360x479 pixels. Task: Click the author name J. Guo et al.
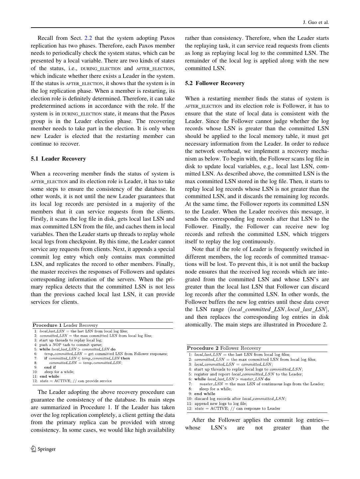315,22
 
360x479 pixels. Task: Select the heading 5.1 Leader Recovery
58,159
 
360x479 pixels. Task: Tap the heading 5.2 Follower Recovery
215,83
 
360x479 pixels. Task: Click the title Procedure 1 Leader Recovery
65,325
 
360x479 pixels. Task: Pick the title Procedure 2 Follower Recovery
224,348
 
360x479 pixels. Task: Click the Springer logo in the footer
43,449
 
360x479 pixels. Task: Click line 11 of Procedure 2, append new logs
221,404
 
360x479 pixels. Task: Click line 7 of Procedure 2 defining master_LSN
262,384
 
